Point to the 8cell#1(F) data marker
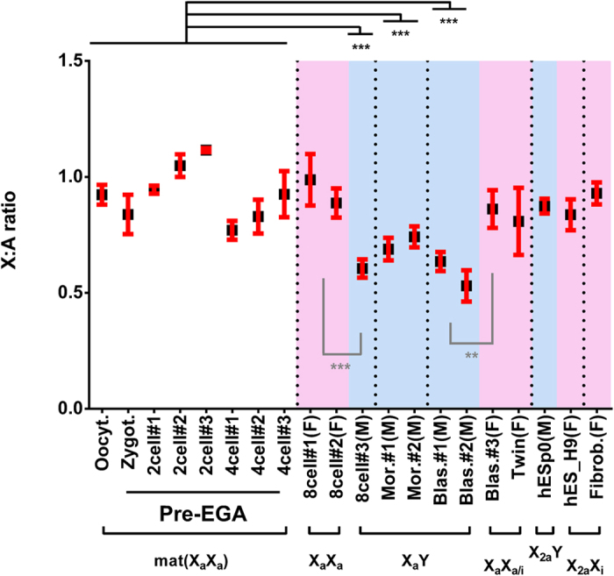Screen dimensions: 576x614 (x=310, y=180)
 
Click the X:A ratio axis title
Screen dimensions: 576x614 (x=20, y=234)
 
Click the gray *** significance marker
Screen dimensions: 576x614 (x=340, y=366)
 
